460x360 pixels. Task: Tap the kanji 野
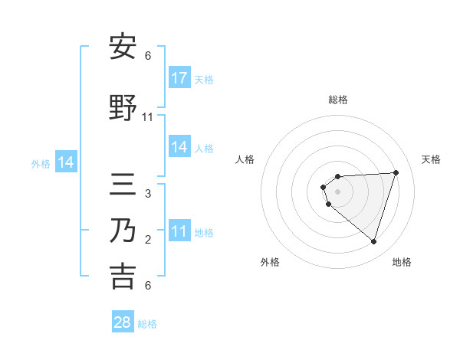(x=123, y=109)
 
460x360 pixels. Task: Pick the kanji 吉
(x=123, y=277)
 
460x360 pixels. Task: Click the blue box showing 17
(x=179, y=78)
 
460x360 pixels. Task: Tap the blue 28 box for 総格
(x=123, y=322)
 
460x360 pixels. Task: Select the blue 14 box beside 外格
(x=66, y=162)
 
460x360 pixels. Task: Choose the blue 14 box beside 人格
(x=179, y=147)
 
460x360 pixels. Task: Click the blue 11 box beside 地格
(x=179, y=231)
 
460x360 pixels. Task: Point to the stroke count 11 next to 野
(x=148, y=117)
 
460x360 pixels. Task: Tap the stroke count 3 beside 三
(x=148, y=193)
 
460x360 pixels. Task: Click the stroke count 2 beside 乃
(x=148, y=240)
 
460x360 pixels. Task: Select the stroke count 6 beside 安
(x=148, y=55)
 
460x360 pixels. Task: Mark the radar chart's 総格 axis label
(x=338, y=100)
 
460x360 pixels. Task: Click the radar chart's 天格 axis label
(x=431, y=159)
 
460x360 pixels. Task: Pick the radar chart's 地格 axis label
(x=402, y=262)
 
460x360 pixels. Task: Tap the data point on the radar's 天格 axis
(x=396, y=172)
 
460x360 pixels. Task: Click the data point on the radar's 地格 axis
(x=373, y=241)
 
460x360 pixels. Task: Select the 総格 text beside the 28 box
(x=147, y=324)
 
